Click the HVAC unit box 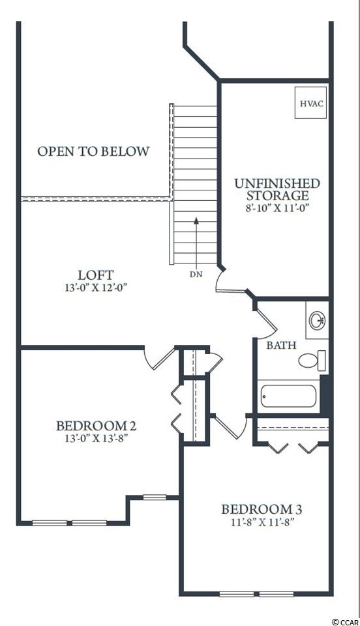point(310,102)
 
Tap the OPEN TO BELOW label point(94,151)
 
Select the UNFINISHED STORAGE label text point(277,190)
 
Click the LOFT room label point(96,275)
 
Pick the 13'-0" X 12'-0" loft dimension point(96,288)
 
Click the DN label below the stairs point(196,275)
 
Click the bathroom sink point(317,320)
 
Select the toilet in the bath point(312,361)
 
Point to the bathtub point(288,396)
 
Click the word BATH point(281,345)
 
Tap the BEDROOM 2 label point(96,426)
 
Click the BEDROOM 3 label point(262,510)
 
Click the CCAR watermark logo point(346,621)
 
